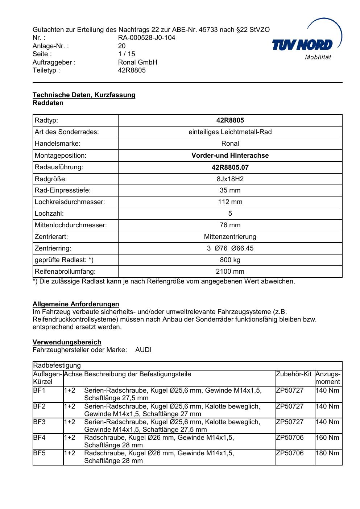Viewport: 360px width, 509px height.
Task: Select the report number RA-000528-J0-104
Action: tap(146, 38)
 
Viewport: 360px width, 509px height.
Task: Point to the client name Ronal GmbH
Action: tap(137, 62)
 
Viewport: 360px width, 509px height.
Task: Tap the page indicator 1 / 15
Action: tap(127, 54)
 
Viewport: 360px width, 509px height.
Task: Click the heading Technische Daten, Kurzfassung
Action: tap(84, 95)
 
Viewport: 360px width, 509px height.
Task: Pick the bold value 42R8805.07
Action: tap(230, 167)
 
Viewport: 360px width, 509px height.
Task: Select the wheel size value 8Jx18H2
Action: tap(230, 179)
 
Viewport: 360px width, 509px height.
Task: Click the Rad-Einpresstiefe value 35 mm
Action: tap(230, 190)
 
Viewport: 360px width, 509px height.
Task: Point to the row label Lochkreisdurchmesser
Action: tap(70, 202)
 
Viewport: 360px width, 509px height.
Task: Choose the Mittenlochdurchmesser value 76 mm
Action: tap(230, 225)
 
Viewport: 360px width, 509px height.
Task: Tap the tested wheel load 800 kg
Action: tap(230, 260)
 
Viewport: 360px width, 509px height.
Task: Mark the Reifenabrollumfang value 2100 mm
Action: tap(230, 272)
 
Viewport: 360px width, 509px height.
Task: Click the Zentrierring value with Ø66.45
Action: tap(230, 248)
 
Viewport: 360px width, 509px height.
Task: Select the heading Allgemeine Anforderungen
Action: tap(76, 304)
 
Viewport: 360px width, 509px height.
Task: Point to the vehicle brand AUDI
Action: tap(143, 350)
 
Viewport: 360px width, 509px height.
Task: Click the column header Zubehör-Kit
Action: tap(293, 374)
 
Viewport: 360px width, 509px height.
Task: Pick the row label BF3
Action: tap(39, 422)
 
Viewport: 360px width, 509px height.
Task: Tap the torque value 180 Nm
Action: tap(327, 453)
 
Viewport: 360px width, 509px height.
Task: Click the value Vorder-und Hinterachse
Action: tap(230, 156)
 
